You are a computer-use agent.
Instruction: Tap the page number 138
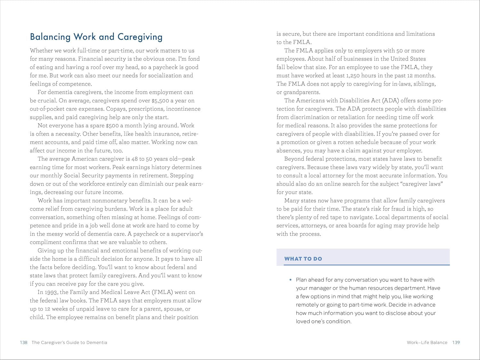pyautogui.click(x=24, y=342)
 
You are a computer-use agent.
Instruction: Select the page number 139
pyautogui.click(x=456, y=342)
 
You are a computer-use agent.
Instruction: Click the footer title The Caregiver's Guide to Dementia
pyautogui.click(x=69, y=342)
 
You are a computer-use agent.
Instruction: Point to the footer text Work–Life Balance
pyautogui.click(x=427, y=342)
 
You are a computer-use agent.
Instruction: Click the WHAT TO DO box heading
pyautogui.click(x=303, y=259)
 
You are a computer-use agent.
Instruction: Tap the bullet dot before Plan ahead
pyautogui.click(x=291, y=280)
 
